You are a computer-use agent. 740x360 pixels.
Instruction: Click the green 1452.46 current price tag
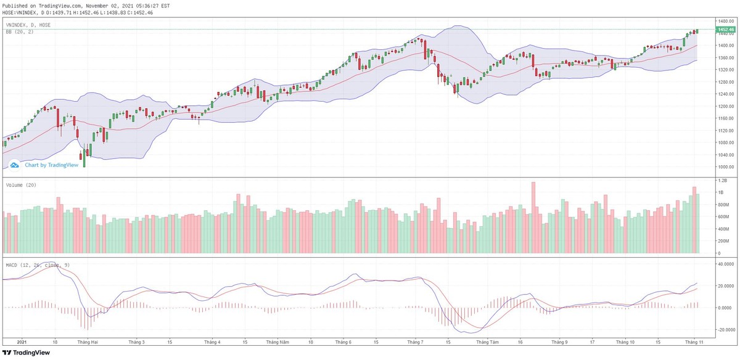pos(725,30)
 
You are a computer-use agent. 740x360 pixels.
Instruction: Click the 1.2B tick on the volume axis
pos(721,180)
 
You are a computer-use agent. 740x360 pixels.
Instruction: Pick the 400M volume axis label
pos(722,229)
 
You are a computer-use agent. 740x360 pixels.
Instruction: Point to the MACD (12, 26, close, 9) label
pos(36,264)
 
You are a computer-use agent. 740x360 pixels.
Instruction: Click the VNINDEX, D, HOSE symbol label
pos(28,25)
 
